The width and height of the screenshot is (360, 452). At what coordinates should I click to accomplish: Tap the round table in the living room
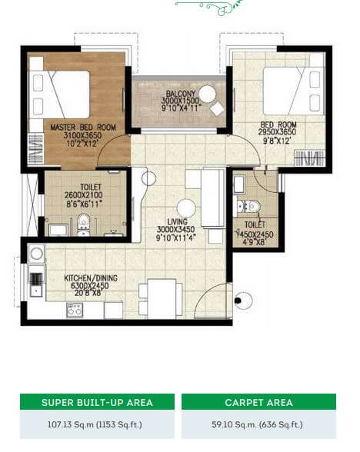pos(185,208)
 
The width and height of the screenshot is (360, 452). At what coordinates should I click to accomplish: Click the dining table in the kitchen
pos(158,297)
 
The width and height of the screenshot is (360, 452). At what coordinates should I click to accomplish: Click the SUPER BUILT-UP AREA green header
pos(97,402)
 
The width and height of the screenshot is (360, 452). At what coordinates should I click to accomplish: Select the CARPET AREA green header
pos(258,402)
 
